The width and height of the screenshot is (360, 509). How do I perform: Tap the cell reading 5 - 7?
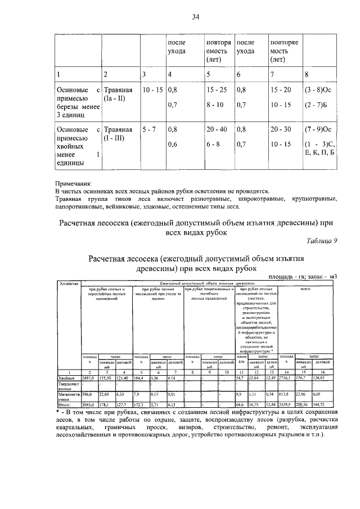click(x=149, y=129)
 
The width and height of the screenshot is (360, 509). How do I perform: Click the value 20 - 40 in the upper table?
click(x=217, y=129)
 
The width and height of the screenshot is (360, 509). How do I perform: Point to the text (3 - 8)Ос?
click(x=319, y=89)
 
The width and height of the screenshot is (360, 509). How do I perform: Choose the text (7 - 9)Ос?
click(x=319, y=129)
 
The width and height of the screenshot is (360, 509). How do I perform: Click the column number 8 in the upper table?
click(x=307, y=74)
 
